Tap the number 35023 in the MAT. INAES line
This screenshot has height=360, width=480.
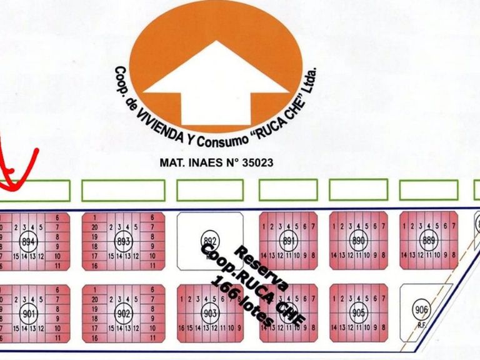(x=252, y=162)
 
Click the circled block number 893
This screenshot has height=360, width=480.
(x=122, y=241)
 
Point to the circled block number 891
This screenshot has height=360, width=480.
(x=288, y=241)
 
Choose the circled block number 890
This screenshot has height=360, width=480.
(x=358, y=241)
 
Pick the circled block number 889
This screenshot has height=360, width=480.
(x=428, y=241)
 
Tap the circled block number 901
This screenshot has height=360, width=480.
(x=29, y=313)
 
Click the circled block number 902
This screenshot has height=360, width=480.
(x=122, y=313)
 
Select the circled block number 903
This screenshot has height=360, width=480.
(x=209, y=312)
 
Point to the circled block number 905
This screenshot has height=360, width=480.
(x=358, y=312)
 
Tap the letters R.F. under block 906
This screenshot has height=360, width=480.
(x=421, y=325)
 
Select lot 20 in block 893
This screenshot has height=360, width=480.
(x=94, y=227)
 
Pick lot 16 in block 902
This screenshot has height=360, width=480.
(x=94, y=337)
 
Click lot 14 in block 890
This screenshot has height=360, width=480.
(x=335, y=256)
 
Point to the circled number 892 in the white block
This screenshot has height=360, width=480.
(x=209, y=241)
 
